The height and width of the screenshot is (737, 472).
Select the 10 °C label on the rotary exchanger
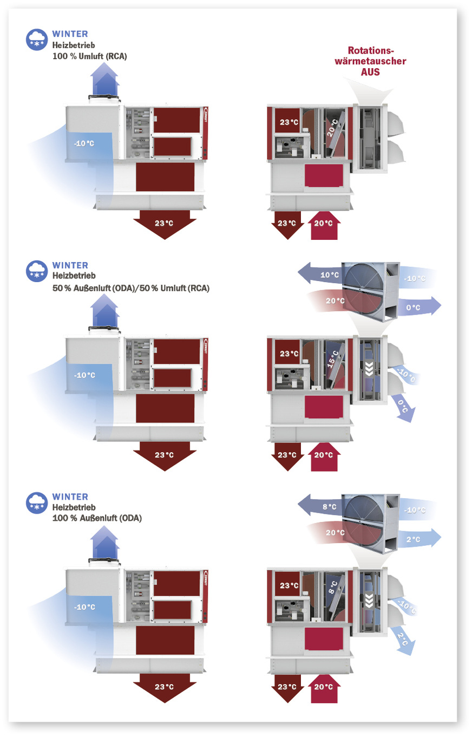pos(329,275)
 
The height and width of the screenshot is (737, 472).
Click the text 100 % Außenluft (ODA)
pos(97,518)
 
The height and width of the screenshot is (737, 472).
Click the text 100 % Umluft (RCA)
pos(89,56)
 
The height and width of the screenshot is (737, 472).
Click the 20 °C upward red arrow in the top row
pos(324,224)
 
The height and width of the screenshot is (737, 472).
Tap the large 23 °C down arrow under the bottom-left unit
pos(165,686)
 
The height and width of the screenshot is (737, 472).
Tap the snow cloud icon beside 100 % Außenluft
pos(37,502)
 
